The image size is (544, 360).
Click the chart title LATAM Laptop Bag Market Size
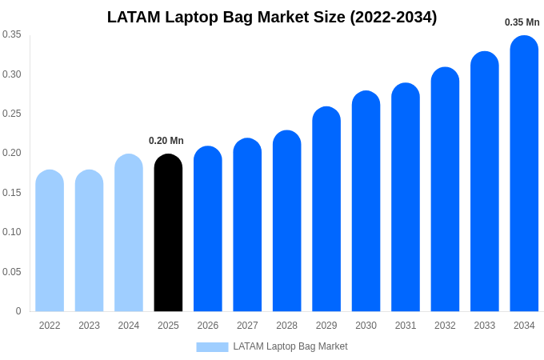click(x=272, y=17)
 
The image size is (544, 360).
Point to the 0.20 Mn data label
click(x=166, y=141)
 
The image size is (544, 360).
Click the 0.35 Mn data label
click(x=522, y=22)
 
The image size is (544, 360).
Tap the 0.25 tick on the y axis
click(x=12, y=114)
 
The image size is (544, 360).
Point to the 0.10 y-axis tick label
click(x=12, y=232)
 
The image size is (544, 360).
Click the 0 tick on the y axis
click(x=18, y=311)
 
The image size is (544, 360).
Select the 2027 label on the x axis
click(x=247, y=326)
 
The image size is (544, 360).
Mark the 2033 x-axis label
click(x=484, y=326)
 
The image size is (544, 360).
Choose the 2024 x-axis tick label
click(x=129, y=326)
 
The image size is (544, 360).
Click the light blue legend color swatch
click(x=212, y=347)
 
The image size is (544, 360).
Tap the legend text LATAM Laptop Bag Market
click(x=290, y=346)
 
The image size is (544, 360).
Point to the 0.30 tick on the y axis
click(x=12, y=74)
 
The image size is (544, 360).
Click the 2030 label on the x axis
click(x=366, y=326)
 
